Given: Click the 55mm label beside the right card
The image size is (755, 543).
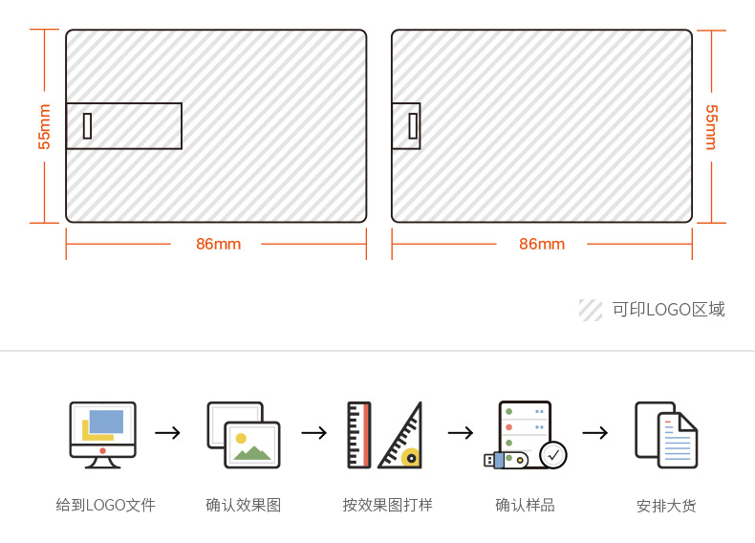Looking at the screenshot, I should (x=711, y=126).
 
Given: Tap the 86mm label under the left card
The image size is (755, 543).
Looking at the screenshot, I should (x=218, y=244).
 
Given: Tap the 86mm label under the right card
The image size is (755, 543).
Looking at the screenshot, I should (x=542, y=244).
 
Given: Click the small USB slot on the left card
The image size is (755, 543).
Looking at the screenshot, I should (x=88, y=126).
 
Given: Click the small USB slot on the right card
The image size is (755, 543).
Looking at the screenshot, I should (x=414, y=126).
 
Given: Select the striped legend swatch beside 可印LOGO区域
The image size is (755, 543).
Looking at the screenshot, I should (x=590, y=310).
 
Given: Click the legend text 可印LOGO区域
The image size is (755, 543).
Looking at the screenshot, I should (x=668, y=310).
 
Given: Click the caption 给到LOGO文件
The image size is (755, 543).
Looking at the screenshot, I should (x=105, y=505).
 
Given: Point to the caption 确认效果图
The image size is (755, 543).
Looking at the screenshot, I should (x=244, y=505).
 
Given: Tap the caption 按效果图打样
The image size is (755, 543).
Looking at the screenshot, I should (x=387, y=505).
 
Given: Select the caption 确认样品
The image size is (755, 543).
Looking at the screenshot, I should (x=525, y=505).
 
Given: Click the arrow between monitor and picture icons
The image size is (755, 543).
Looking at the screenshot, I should (x=168, y=433).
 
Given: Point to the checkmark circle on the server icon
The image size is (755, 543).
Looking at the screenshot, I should (x=553, y=455).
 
